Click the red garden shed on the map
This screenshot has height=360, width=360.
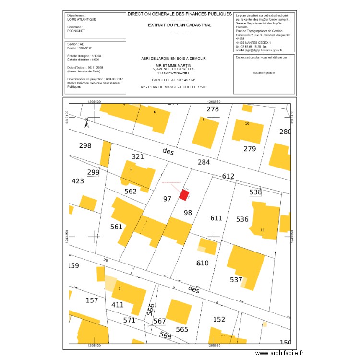pyautogui.click(x=184, y=194)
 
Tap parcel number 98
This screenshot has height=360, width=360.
pyautogui.click(x=188, y=213)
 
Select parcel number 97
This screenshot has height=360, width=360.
pyautogui.click(x=167, y=199)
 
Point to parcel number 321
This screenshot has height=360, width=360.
pyautogui.click(x=138, y=157)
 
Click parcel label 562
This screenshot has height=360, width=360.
pyautogui.click(x=131, y=191)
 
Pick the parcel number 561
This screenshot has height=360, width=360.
pyautogui.click(x=117, y=227)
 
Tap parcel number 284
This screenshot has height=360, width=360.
pyautogui.click(x=204, y=162)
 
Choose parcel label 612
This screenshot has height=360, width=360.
pyautogui.click(x=228, y=176)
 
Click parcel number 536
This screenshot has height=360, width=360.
pyautogui.click(x=242, y=219)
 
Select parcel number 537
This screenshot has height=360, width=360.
pyautogui.click(x=236, y=280)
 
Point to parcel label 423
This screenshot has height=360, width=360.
pyautogui.click(x=78, y=181)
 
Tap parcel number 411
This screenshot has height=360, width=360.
pyautogui.click(x=118, y=305)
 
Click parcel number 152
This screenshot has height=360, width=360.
pyautogui.click(x=219, y=319)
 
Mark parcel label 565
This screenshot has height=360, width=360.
pyautogui.click(x=182, y=329)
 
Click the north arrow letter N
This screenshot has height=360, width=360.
pyautogui.click(x=86, y=120)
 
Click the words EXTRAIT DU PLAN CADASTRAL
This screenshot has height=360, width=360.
pyautogui.click(x=180, y=25)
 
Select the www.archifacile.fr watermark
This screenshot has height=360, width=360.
pyautogui.click(x=279, y=353)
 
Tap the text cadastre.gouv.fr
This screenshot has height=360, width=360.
pyautogui.click(x=264, y=72)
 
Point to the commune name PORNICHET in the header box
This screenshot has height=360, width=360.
pyautogui.click(x=77, y=30)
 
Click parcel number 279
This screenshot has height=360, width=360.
pyautogui.click(x=250, y=149)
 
